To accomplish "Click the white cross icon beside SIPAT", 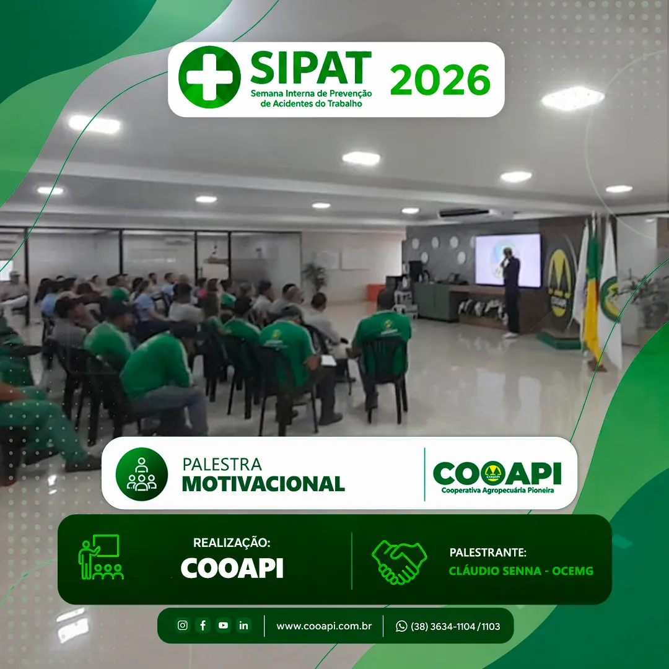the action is pos(209,77).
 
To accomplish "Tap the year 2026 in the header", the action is pos(440,80).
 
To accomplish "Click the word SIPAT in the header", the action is pos(310,68).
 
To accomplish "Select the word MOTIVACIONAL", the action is pos(263,484).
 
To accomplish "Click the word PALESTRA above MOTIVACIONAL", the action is pos(222,464).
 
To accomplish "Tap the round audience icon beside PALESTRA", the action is pos(142,474).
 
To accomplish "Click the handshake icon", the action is pos(400,561).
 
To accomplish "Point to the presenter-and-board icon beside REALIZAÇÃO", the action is pos(101,557).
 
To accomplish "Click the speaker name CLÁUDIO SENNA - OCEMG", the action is pos(521,571).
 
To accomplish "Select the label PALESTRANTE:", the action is pos(488,553).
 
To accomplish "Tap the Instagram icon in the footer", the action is pos(183,625).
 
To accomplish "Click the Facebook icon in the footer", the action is pos(203,625).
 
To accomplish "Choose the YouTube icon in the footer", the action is pos(223,625).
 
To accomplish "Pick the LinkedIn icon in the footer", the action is pos(243,625).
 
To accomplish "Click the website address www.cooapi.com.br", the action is pos(324,626).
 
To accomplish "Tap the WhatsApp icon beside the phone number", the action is pos(401,626).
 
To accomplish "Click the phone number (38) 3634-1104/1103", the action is pos(455,626).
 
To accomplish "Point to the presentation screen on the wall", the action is pos(508,260).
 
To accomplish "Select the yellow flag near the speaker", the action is pos(593,294).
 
